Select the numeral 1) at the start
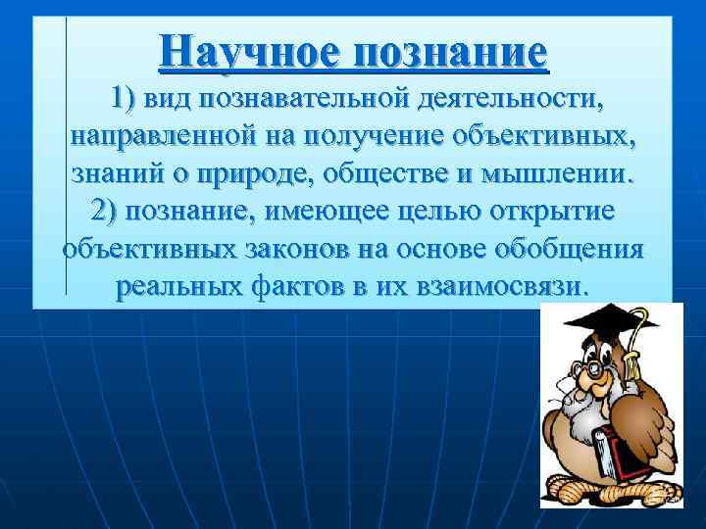126,99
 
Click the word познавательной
317,99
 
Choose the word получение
348,137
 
